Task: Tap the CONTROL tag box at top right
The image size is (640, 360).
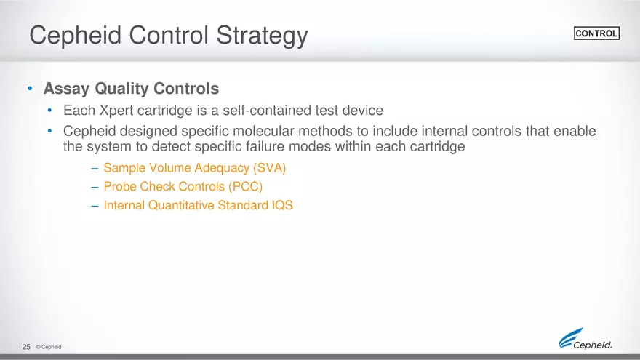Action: pos(596,33)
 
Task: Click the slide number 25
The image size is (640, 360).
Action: pos(26,347)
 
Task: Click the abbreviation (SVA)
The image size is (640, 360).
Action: pos(269,168)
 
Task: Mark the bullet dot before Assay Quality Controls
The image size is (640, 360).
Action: pos(30,89)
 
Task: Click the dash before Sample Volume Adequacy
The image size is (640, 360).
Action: pos(95,168)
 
